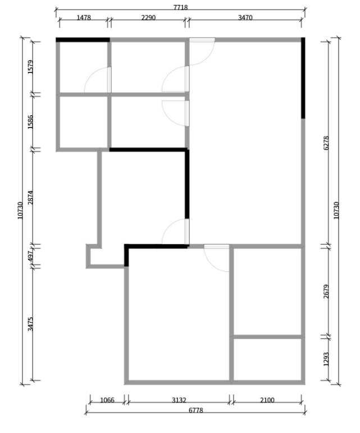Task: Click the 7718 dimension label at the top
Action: coord(180,7)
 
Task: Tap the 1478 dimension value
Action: coord(83,17)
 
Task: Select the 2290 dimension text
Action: coord(148,17)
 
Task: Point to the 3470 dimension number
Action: coord(245,17)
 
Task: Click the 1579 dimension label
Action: coord(30,67)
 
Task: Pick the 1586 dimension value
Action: coord(30,122)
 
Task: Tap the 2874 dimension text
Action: coord(30,198)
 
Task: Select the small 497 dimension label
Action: coord(30,256)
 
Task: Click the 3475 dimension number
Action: coord(30,324)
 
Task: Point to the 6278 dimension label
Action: coord(326,143)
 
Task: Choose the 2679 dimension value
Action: coord(326,291)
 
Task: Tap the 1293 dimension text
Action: coord(326,359)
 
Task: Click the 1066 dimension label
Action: coord(107,400)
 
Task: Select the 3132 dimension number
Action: coord(179,400)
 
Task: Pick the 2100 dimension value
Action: coord(267,400)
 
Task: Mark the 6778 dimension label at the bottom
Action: coord(196,411)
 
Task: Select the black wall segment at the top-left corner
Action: coord(83,40)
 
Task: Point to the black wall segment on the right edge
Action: coord(303,78)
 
